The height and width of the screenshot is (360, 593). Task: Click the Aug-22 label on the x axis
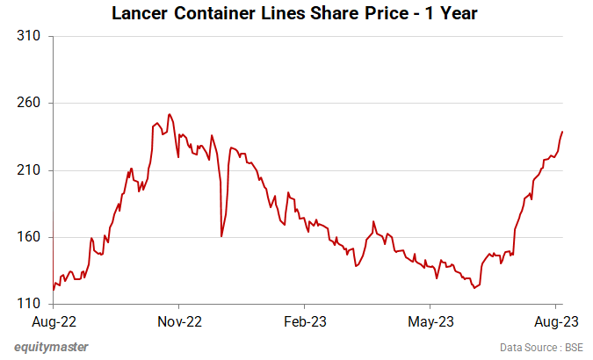[x=54, y=321]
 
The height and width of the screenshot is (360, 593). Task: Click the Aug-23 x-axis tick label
[x=556, y=321]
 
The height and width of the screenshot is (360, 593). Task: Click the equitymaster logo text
[x=51, y=347]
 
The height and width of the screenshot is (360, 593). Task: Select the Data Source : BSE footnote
[x=541, y=348]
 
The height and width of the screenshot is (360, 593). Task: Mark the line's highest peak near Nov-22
[x=169, y=114]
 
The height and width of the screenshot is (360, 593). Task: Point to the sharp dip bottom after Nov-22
[x=221, y=236]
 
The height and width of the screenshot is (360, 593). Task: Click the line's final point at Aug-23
[x=562, y=132]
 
